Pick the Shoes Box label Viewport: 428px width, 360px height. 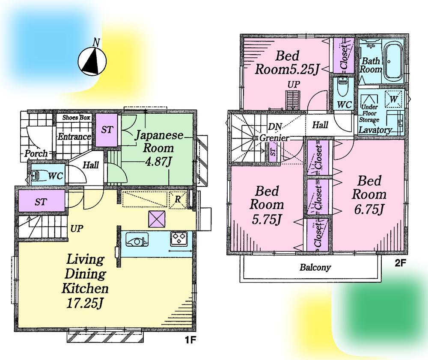pyautogui.click(x=76, y=117)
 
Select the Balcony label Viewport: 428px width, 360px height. pyautogui.click(x=315, y=268)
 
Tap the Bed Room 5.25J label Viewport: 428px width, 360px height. pyautogui.click(x=286, y=62)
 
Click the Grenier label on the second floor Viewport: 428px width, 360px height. pyautogui.click(x=274, y=139)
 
